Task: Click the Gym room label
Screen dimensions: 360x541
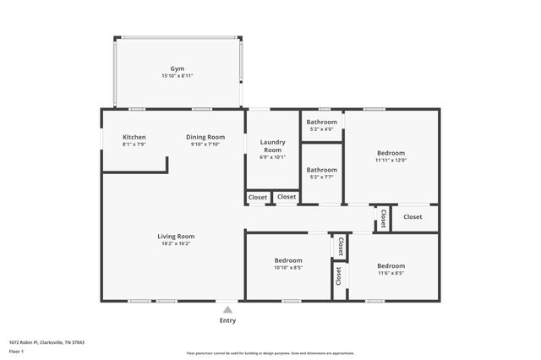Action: pyautogui.click(x=178, y=68)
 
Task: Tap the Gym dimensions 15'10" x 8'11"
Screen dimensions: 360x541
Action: pyautogui.click(x=178, y=76)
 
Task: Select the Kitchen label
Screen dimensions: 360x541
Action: pyautogui.click(x=134, y=137)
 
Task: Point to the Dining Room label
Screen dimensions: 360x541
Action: pyautogui.click(x=205, y=137)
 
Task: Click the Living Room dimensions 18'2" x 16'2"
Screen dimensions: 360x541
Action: pyautogui.click(x=176, y=244)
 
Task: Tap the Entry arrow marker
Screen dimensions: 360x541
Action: pyautogui.click(x=227, y=310)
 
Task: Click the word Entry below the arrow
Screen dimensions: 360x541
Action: pyautogui.click(x=227, y=320)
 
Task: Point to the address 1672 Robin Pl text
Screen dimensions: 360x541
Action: pyautogui.click(x=46, y=342)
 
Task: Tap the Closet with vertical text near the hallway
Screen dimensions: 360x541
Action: pyautogui.click(x=383, y=219)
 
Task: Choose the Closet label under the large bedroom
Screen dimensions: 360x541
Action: pyautogui.click(x=413, y=217)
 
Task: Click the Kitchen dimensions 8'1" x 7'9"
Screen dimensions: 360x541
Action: pyautogui.click(x=134, y=145)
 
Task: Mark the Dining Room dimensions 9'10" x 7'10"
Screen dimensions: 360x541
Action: pyautogui.click(x=205, y=145)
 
